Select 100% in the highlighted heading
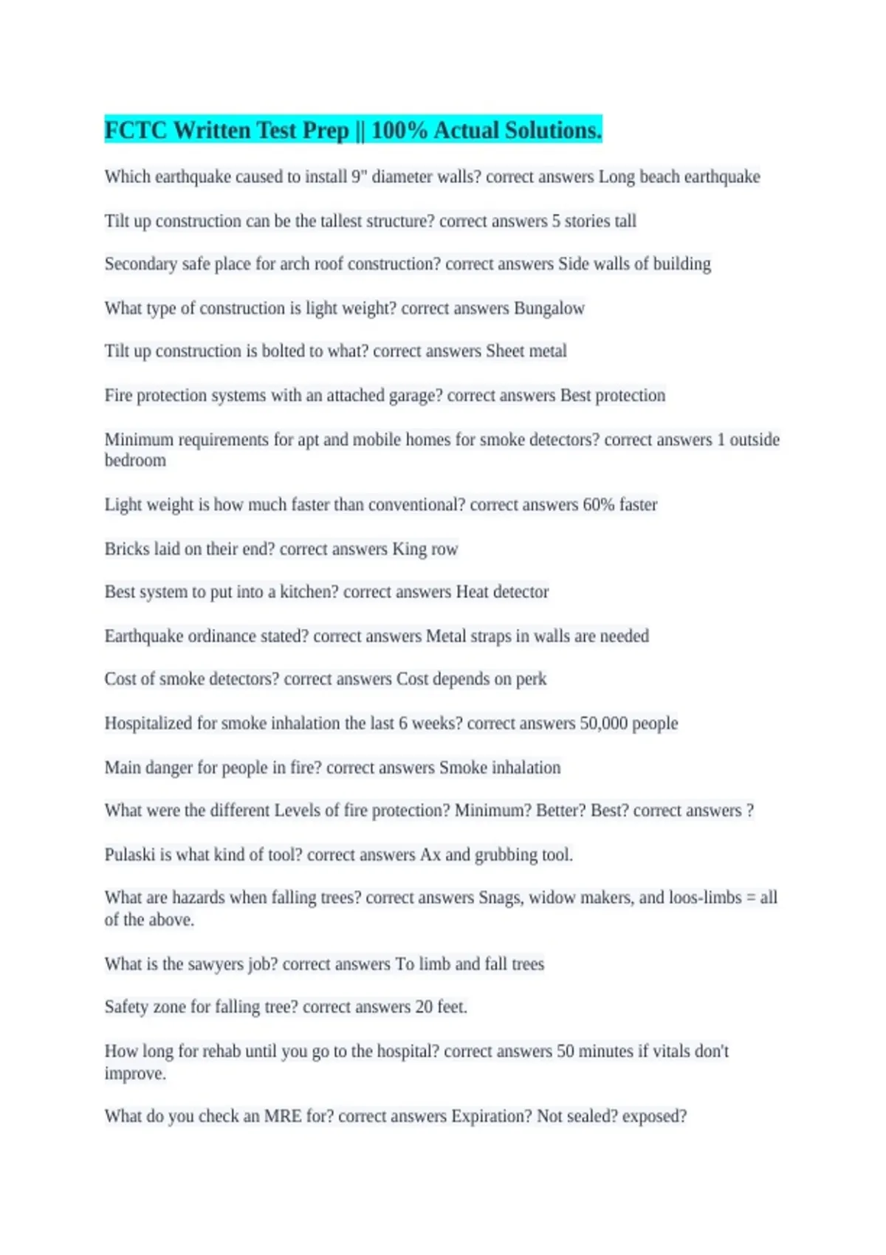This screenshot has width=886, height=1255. pos(399,130)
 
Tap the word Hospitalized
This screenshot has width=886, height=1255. pos(148,723)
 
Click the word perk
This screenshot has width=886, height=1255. pos(531,678)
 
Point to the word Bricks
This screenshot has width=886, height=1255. pos(126,549)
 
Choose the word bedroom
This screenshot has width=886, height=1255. pos(135,460)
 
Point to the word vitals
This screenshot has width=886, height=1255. pos(664,1051)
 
